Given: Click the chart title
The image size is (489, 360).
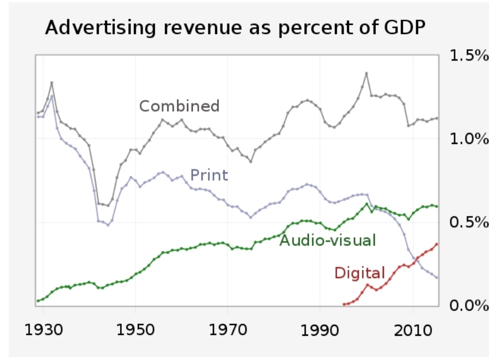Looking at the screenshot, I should pos(236,28).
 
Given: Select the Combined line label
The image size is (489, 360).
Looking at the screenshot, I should pos(180,106).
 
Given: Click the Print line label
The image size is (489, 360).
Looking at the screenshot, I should pos(209,175).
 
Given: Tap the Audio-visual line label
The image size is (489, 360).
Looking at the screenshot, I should pos(327,240).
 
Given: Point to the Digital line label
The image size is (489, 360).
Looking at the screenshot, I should pos(359,273).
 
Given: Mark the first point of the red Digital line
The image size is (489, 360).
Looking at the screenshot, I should pos(344,304).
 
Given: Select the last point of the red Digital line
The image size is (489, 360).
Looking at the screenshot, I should pos(436,244).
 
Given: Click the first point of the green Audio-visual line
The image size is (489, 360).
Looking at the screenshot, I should pos(38,300).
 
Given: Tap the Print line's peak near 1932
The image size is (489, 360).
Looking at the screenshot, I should pos(52,96).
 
